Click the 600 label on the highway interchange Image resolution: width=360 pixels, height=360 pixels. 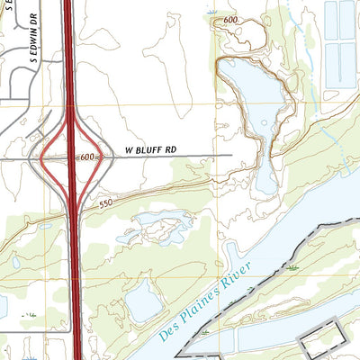pyautogui.click(x=86, y=157)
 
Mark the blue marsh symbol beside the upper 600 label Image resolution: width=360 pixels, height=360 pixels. pyautogui.click(x=212, y=12)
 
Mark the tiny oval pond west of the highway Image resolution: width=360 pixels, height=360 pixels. pyautogui.click(x=15, y=263)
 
